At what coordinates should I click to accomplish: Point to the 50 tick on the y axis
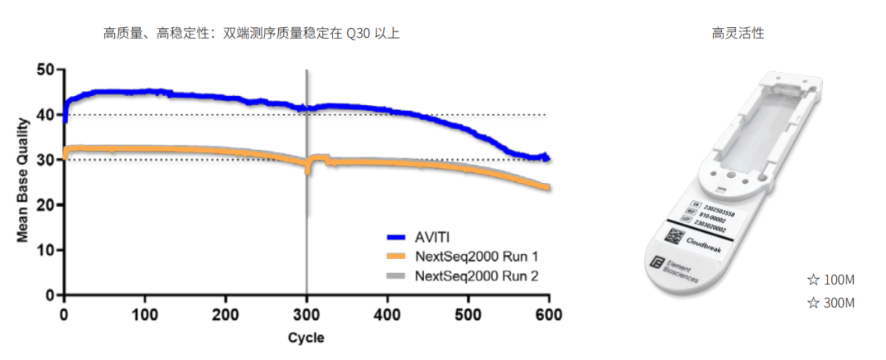coord(45,70)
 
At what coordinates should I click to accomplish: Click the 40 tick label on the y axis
coord(45,115)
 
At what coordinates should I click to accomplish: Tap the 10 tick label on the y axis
coord(45,249)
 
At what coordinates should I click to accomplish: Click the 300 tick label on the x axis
coord(306,313)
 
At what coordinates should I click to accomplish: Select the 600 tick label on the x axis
coord(548,313)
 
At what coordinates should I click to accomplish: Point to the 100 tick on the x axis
coord(145,313)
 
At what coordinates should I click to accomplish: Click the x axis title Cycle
coord(306,338)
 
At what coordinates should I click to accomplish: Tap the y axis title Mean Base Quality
coord(22,182)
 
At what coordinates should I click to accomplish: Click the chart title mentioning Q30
coord(251,34)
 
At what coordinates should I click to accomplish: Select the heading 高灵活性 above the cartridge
coord(738,34)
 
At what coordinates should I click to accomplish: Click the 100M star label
coord(831,280)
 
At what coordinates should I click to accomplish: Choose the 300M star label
coord(831,303)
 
